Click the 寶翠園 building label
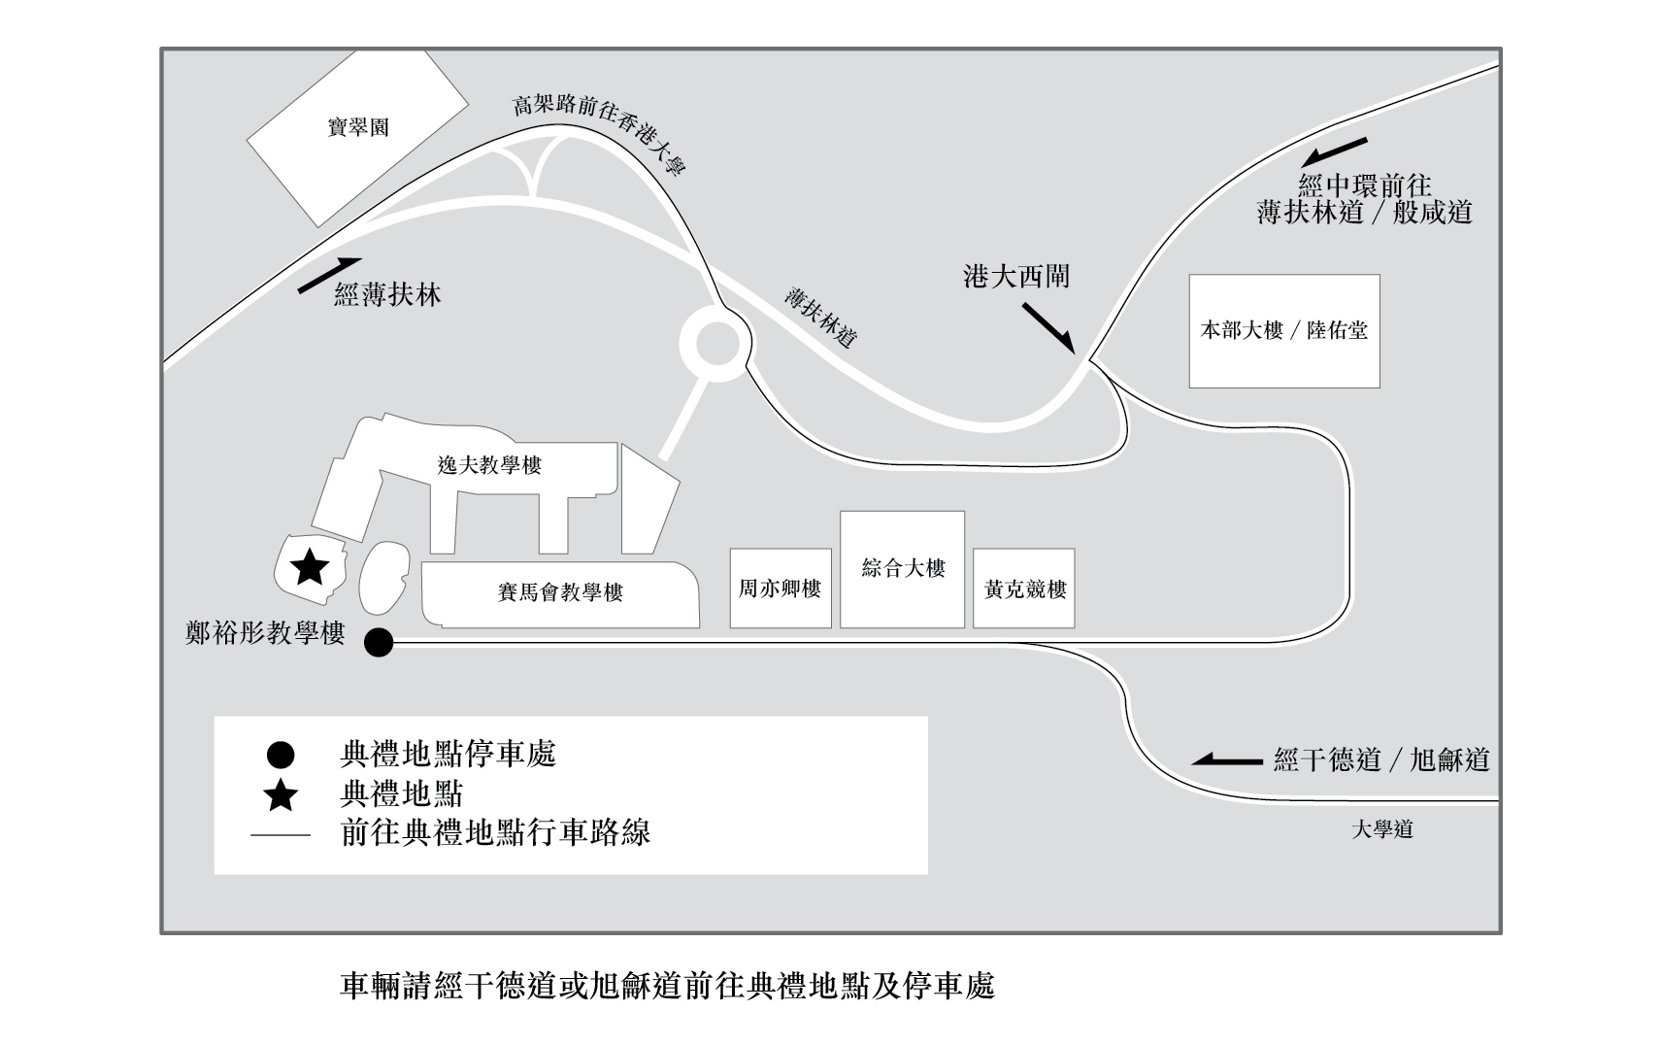(358, 127)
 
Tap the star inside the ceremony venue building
(310, 566)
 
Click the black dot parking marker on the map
(378, 642)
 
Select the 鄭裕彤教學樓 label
(265, 634)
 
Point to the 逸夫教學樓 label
(489, 465)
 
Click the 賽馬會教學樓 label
(560, 591)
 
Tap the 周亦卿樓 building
(781, 589)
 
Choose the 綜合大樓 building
(903, 568)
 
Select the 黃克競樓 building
(1024, 589)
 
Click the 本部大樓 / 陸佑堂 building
(1283, 330)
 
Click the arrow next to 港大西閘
(1047, 327)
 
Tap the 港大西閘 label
(1015, 277)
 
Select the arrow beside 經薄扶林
(329, 275)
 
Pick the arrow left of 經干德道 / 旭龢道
(1227, 759)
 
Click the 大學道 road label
(1382, 829)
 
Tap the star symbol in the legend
(281, 795)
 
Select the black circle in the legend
(281, 755)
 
